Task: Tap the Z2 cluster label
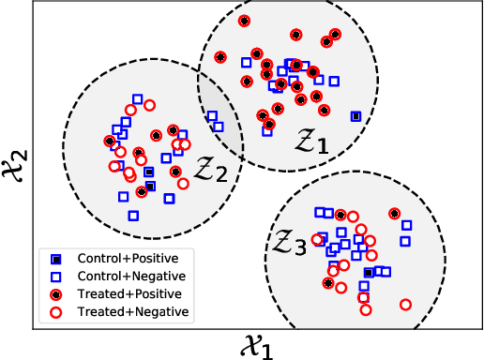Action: coord(210,169)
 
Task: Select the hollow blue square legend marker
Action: coord(57,277)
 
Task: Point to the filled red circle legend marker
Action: coord(57,293)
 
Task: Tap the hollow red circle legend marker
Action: coord(57,311)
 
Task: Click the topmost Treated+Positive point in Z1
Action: coord(244,21)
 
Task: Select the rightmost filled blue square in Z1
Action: coord(355,116)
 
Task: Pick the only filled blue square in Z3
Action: coord(369,273)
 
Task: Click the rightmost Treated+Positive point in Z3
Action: coord(395,214)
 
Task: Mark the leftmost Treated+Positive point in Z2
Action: coord(110,142)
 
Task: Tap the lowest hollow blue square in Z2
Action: coord(133,216)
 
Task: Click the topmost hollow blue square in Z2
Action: coord(138,98)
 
